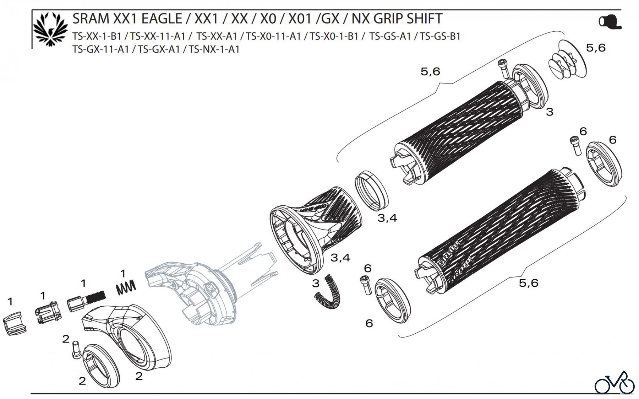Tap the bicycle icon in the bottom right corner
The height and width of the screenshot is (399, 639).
tap(615, 383)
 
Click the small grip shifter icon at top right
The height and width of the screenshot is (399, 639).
tap(610, 22)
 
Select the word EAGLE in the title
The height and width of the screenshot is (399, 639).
tap(162, 18)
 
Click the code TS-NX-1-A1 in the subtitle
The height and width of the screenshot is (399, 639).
tap(214, 49)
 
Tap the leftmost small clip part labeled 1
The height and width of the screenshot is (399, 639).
tap(15, 322)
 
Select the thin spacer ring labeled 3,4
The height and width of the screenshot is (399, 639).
tap(372, 190)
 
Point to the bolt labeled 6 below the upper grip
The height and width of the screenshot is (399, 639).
tap(575, 145)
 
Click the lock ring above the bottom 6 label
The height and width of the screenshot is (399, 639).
tap(392, 301)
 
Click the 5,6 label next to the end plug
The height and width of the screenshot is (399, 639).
tap(596, 48)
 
